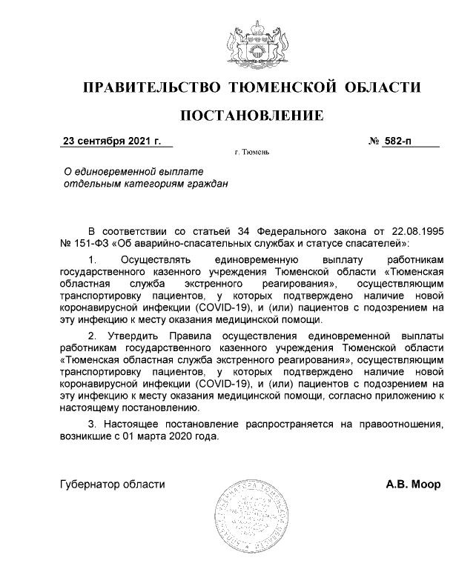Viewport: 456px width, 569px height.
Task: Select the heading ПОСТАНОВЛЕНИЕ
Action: (252, 116)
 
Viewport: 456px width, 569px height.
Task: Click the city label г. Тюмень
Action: (251, 153)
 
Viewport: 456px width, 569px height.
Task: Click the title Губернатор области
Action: (112, 485)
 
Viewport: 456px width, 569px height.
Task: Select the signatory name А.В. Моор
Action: (413, 485)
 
